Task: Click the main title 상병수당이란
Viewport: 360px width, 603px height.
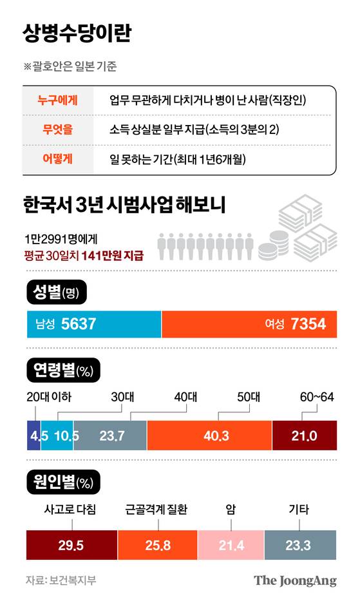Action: click(x=77, y=33)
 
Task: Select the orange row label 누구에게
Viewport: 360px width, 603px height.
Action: click(x=57, y=100)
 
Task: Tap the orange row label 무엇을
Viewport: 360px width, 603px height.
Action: click(x=57, y=129)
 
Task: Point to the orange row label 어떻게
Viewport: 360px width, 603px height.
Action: click(x=57, y=158)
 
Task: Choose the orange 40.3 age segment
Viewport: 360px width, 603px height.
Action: click(x=209, y=436)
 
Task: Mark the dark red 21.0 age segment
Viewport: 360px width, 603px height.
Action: click(x=304, y=436)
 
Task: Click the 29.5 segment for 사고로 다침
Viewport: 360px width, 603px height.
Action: click(x=71, y=545)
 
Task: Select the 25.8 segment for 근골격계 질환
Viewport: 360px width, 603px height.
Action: click(x=156, y=545)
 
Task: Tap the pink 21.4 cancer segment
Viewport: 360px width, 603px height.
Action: click(x=230, y=545)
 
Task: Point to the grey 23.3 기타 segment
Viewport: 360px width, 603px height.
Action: click(x=299, y=545)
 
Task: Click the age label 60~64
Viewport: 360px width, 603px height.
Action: click(x=316, y=397)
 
